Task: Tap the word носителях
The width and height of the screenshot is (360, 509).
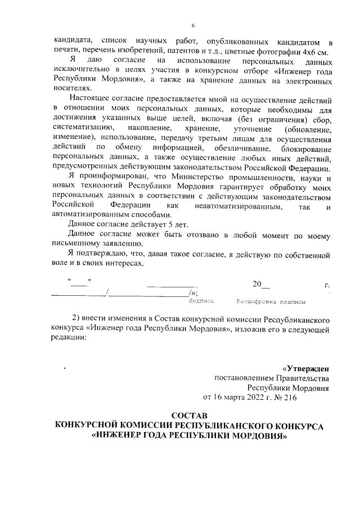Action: coord(70,89)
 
